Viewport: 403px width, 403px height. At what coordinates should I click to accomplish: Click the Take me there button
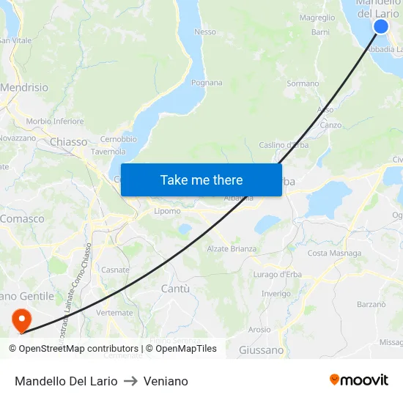[x=202, y=180]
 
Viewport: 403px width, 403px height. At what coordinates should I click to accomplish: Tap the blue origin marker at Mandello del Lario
[x=381, y=26]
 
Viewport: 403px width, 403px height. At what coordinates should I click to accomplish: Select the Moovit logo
[x=359, y=380]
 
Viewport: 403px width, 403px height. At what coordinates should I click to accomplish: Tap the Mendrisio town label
[x=24, y=88]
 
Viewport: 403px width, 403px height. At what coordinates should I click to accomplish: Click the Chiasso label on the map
[x=69, y=142]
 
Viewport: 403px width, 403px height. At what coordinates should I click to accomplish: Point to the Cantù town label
[x=175, y=289]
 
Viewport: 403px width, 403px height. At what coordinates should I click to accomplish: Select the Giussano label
[x=261, y=350]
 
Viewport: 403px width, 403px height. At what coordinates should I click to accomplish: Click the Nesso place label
[x=205, y=32]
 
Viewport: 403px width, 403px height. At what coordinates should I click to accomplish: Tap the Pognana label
[x=207, y=83]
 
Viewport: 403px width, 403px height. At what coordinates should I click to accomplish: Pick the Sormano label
[x=302, y=84]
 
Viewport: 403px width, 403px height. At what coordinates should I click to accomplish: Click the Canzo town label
[x=330, y=125]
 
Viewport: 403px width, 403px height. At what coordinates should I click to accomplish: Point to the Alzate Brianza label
[x=232, y=249]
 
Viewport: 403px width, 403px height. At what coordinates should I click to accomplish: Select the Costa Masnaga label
[x=334, y=254]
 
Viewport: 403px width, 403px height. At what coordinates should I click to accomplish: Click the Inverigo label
[x=276, y=294]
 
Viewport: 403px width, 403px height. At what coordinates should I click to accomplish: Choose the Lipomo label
[x=167, y=212]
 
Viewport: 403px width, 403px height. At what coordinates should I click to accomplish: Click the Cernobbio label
[x=118, y=139]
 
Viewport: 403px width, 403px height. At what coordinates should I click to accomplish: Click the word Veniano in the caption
[x=166, y=382]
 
